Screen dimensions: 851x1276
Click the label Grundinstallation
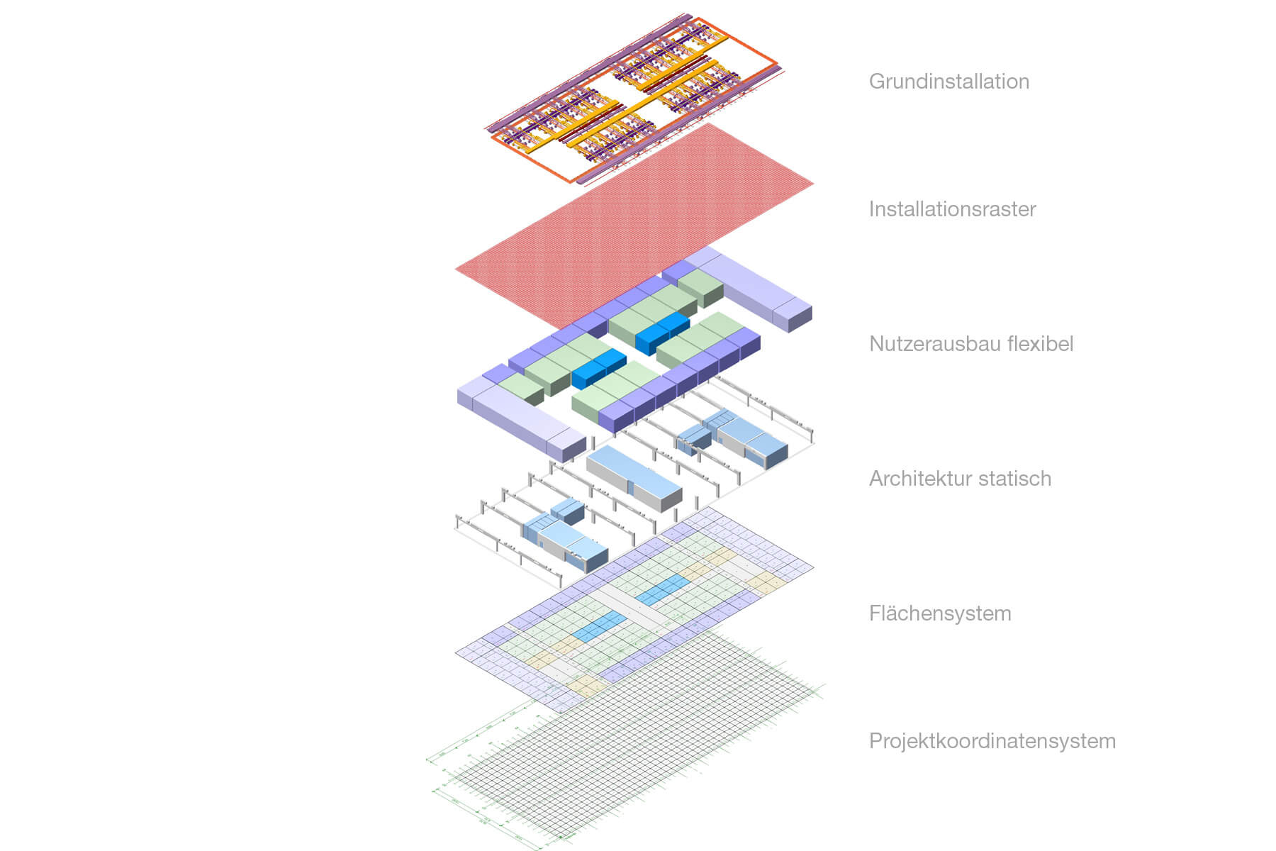coord(948,82)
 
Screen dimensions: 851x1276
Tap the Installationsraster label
coord(952,209)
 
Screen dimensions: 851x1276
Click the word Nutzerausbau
coord(926,344)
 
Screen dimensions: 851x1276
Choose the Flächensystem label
coord(940,613)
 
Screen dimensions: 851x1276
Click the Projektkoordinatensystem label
coord(992,741)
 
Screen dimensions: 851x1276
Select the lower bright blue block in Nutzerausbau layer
coord(598,368)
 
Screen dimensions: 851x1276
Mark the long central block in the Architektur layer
coord(633,477)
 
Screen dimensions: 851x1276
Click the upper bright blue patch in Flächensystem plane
coord(663,590)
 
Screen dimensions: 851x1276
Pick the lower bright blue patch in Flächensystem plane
coord(600,625)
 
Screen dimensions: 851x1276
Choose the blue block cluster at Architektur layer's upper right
coord(734,435)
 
